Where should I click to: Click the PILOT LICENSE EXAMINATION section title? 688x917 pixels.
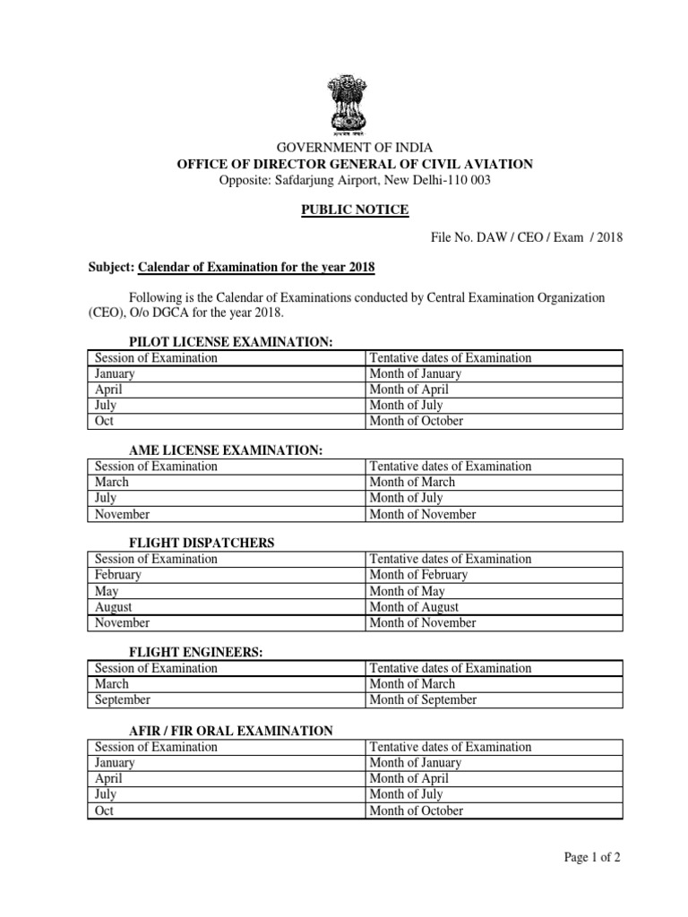tap(231, 342)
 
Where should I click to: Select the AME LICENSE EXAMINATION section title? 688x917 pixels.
tap(226, 450)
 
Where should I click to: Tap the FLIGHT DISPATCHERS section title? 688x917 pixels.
tap(202, 543)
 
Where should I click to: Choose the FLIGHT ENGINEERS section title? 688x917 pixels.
tap(196, 652)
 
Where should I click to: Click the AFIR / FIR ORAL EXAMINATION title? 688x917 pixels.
tap(231, 731)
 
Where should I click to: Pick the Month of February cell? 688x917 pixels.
tap(418, 575)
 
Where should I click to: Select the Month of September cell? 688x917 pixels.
tap(423, 699)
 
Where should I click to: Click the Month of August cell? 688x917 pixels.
tap(413, 607)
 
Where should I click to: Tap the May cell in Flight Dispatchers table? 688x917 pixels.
tap(107, 591)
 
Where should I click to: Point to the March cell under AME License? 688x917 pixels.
tap(112, 482)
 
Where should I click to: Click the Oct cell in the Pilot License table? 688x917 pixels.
tap(104, 421)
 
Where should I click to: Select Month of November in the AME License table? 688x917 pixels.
tap(423, 514)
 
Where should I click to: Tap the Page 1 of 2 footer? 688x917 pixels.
tap(592, 857)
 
